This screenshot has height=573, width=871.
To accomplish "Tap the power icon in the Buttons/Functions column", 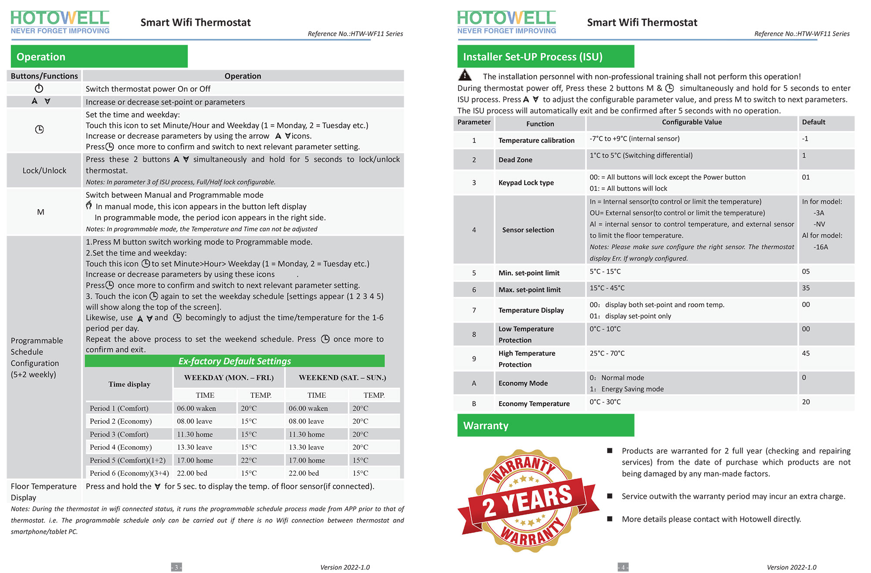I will (x=39, y=88).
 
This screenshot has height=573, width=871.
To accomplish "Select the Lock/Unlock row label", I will (x=44, y=170).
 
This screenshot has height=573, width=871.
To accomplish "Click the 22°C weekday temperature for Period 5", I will (x=249, y=460).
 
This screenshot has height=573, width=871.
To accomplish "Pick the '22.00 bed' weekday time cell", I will (x=192, y=473).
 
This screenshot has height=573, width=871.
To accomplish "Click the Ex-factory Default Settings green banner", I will (x=235, y=361).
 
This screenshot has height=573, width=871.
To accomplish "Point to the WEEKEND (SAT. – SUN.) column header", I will (x=342, y=378).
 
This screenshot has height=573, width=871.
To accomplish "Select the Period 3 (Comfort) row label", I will (x=119, y=434).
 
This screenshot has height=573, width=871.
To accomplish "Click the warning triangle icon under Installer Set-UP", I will (x=465, y=75).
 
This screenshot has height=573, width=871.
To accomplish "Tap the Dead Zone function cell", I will (x=516, y=160).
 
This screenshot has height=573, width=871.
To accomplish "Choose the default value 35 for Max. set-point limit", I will (x=806, y=288).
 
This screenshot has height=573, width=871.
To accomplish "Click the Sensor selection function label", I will (x=528, y=230).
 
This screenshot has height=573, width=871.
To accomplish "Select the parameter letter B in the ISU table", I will (x=474, y=404).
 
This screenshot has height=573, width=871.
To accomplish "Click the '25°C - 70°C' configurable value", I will (x=607, y=353).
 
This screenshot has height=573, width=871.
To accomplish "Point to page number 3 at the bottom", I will (x=176, y=567).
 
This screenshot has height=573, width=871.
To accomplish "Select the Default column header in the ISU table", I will (x=814, y=122).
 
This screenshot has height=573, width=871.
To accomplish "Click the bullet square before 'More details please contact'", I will (x=610, y=519).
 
